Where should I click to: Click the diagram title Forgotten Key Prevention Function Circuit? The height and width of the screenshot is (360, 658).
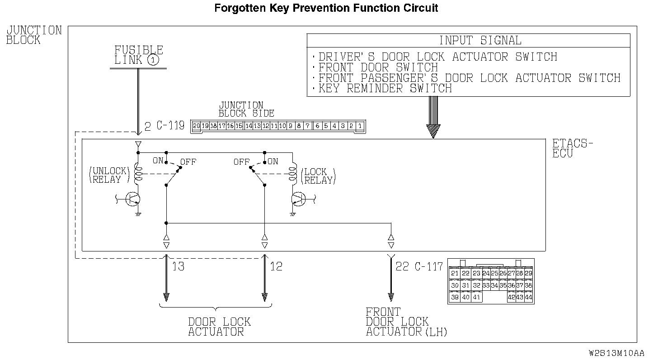coord(326,8)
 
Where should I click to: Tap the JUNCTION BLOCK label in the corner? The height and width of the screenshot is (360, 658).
coord(34,35)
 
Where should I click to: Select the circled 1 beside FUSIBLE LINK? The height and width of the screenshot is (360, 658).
coord(153,60)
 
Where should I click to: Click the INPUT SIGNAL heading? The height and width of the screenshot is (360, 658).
coord(480,41)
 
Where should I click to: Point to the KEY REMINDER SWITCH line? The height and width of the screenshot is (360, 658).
coord(385,89)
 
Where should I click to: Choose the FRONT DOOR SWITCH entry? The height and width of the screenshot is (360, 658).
coord(378,68)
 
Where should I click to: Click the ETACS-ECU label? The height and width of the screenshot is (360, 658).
coord(572,148)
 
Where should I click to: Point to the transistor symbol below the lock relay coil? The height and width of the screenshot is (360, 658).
coord(299,199)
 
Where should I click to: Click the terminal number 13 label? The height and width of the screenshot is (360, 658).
coord(178,266)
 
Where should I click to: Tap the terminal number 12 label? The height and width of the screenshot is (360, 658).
coord(276,266)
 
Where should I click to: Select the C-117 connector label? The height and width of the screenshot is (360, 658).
coord(429,266)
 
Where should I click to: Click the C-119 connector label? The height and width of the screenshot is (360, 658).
coord(170,126)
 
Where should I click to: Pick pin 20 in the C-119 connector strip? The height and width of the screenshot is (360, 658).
coord(196,126)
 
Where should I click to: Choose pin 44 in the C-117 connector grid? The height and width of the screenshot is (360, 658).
coord(528,297)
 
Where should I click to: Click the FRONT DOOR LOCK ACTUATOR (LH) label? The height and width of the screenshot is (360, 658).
coord(406,322)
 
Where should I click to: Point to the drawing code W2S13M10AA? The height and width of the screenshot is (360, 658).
coord(616,353)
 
